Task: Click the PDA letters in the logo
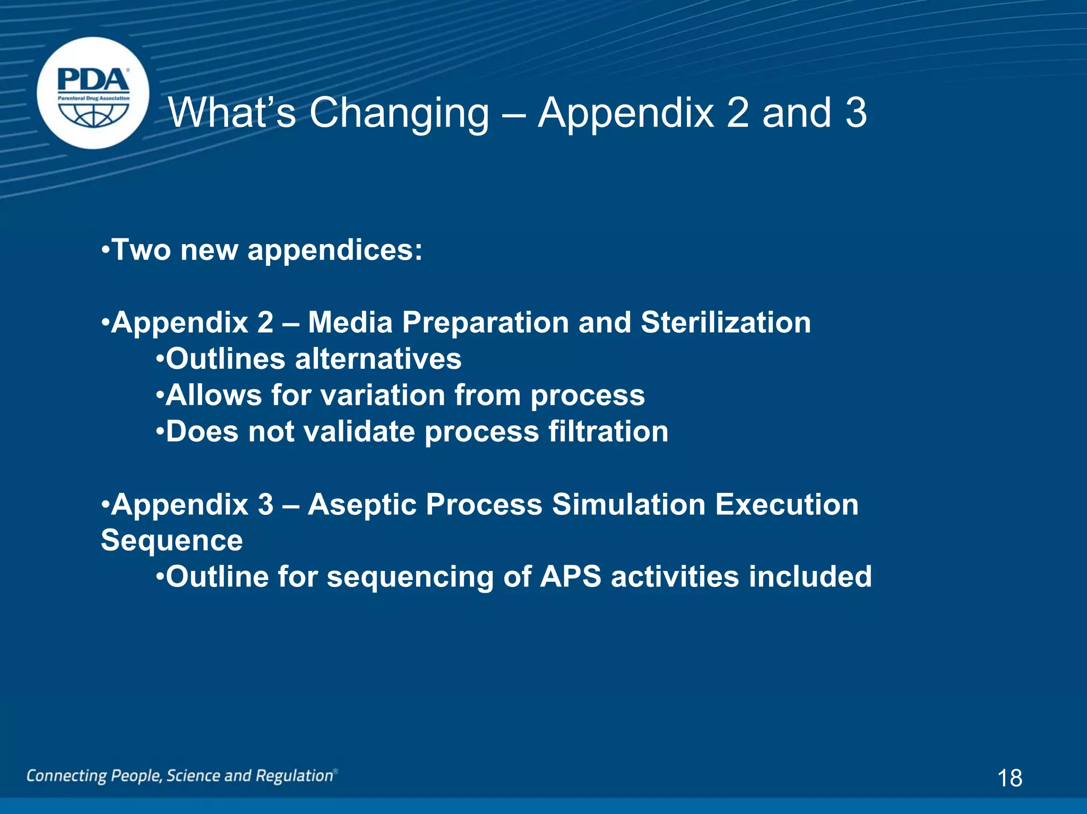point(93,81)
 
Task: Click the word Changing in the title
point(399,114)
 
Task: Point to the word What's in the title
point(232,112)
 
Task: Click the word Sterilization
point(726,322)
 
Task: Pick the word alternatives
point(378,359)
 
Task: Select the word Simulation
point(628,504)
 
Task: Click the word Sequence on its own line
point(172,541)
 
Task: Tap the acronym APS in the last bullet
point(571,577)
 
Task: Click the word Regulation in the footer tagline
point(295,776)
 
